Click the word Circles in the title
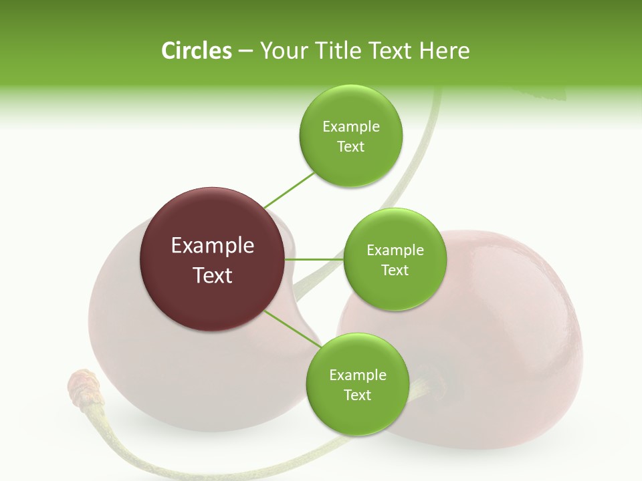(x=196, y=51)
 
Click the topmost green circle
(x=350, y=136)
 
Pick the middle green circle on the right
(x=395, y=260)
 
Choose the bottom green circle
(x=357, y=385)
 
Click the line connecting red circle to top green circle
(x=290, y=189)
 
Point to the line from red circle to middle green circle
(x=314, y=259)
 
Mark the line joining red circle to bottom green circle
(x=292, y=329)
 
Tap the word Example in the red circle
(x=213, y=246)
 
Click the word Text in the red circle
(x=213, y=275)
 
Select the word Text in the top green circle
(x=350, y=147)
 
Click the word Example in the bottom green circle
(x=357, y=375)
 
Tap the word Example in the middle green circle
(x=395, y=251)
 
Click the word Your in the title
(x=280, y=51)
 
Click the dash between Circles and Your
(x=245, y=51)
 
